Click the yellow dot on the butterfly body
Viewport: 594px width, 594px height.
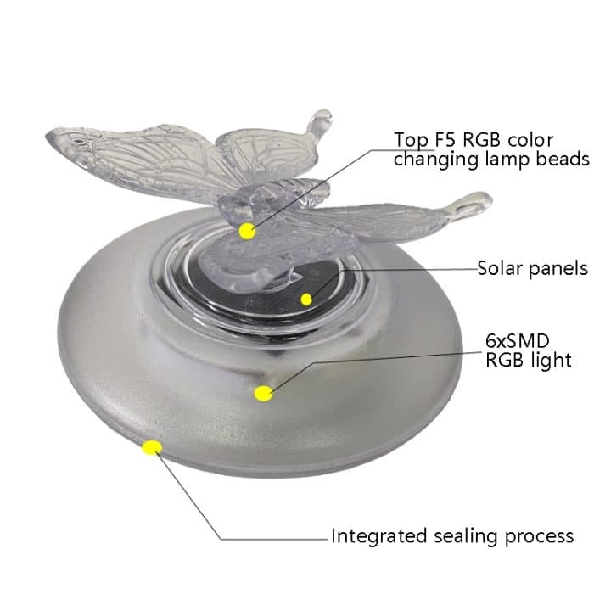pos(247,230)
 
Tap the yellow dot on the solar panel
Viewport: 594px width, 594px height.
pos(306,299)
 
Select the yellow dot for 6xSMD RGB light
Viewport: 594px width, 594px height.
pos(264,391)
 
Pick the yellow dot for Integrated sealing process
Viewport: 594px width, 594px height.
pos(153,446)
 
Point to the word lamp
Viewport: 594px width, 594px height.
pos(502,160)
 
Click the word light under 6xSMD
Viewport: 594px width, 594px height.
pos(551,361)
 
